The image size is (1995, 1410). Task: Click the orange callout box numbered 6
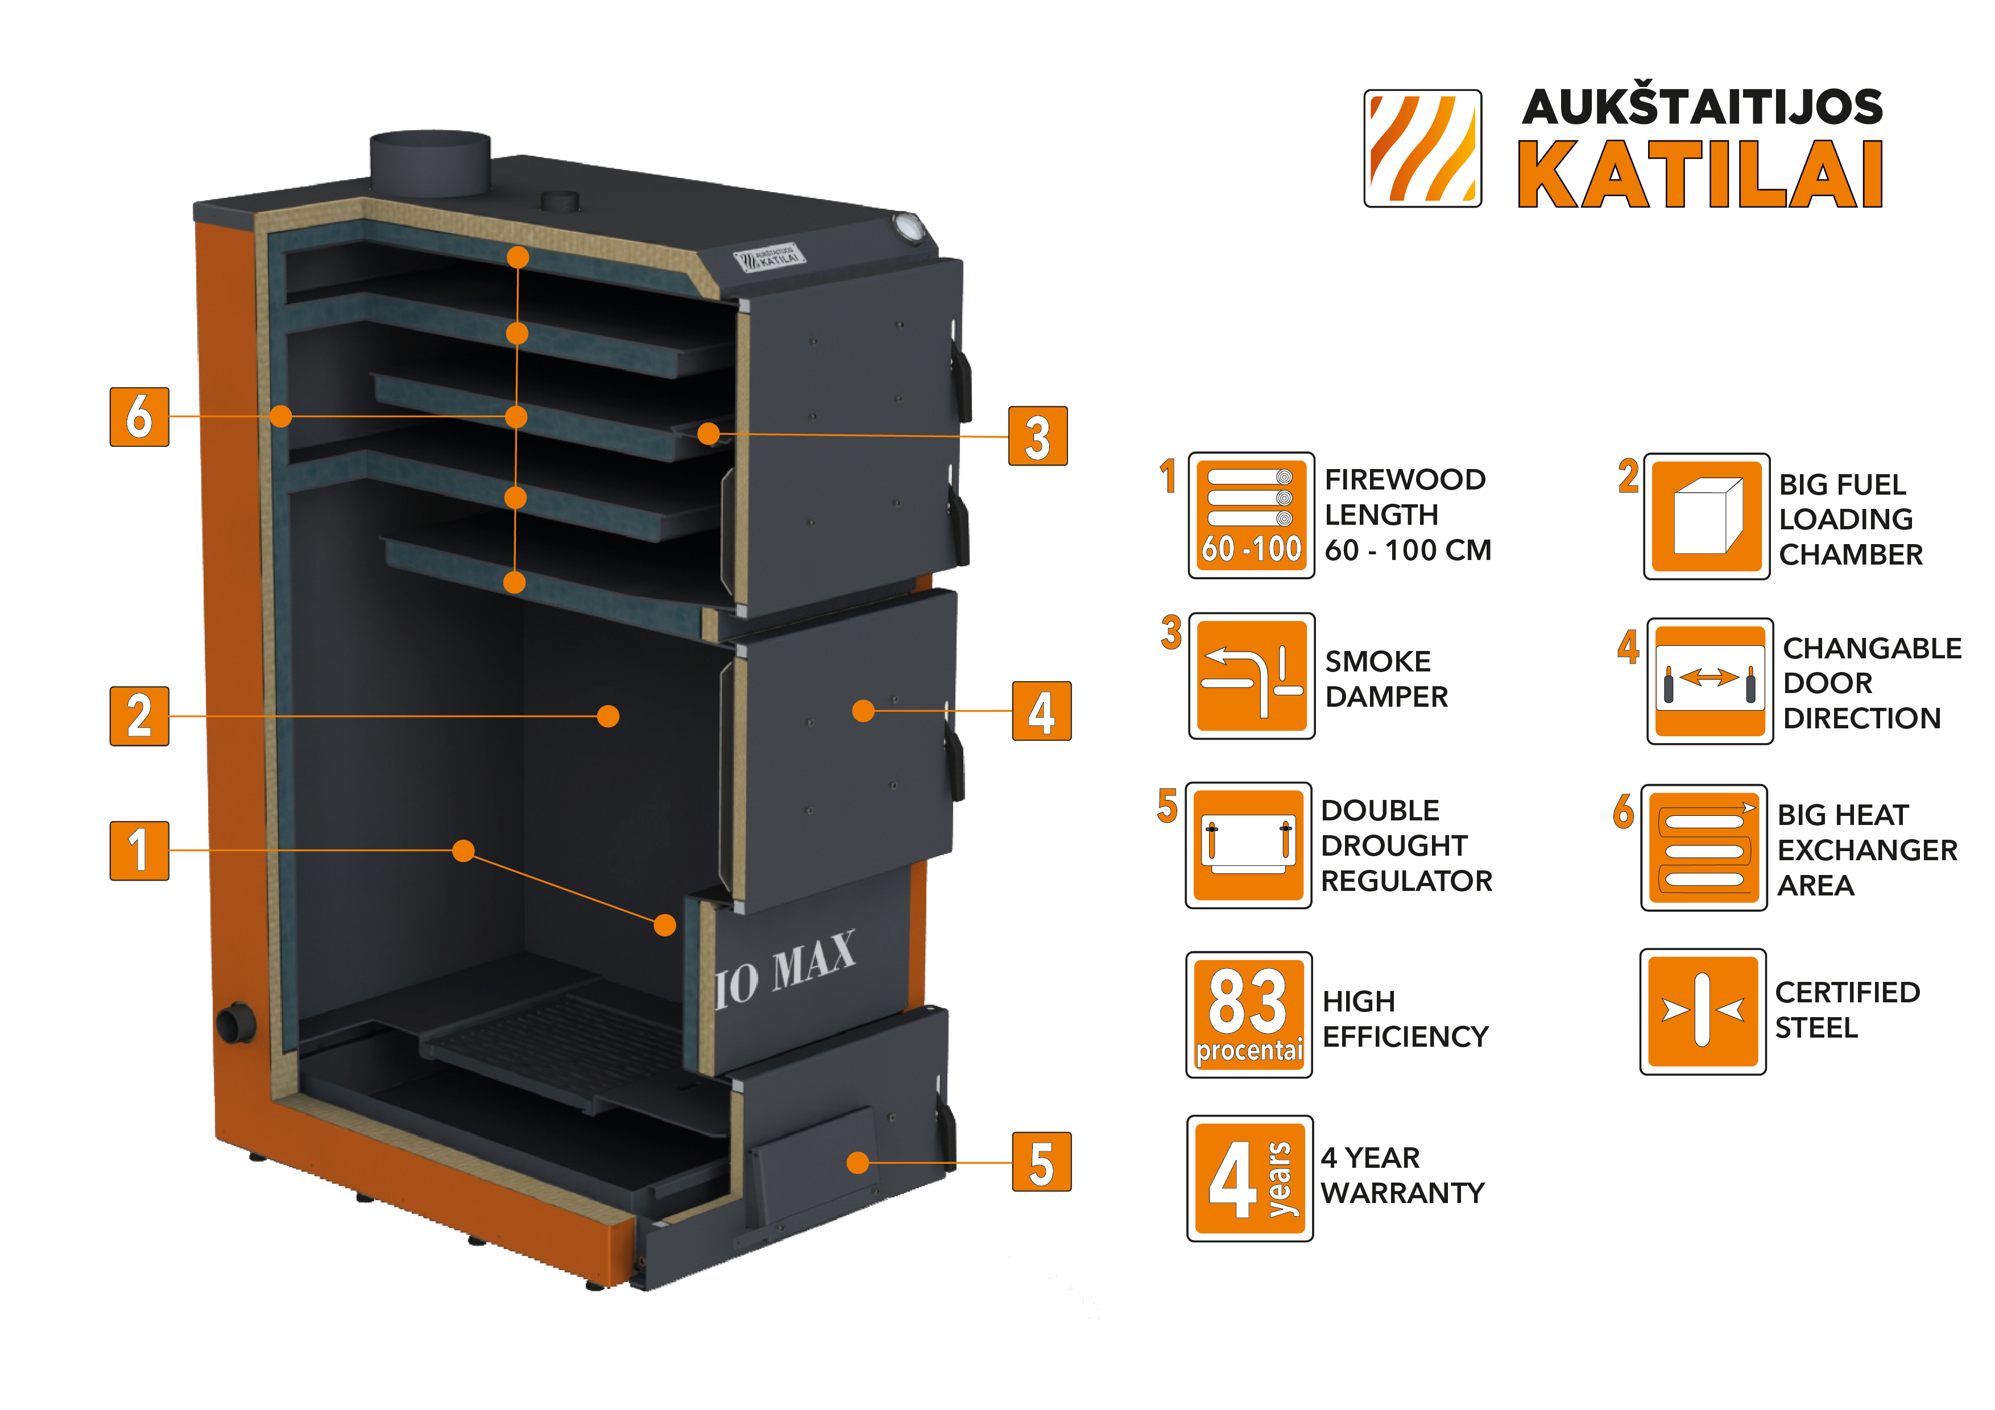139,417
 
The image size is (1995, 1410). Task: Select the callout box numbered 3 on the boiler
1037,436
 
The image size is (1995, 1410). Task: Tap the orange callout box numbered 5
1041,1163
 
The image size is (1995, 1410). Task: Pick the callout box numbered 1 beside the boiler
139,851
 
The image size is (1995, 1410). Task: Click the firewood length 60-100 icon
1251,515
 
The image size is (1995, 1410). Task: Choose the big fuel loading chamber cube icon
1707,516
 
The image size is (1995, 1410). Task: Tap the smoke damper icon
1251,676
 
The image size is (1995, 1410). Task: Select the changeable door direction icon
1709,681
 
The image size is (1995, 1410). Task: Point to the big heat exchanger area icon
1703,848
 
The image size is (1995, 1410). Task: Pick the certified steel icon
1702,1012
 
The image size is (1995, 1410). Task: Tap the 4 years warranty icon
1249,1179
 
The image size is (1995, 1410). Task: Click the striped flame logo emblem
1422,148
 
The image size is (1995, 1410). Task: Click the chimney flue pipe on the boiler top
430,163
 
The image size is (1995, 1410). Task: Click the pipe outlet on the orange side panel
235,1022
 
